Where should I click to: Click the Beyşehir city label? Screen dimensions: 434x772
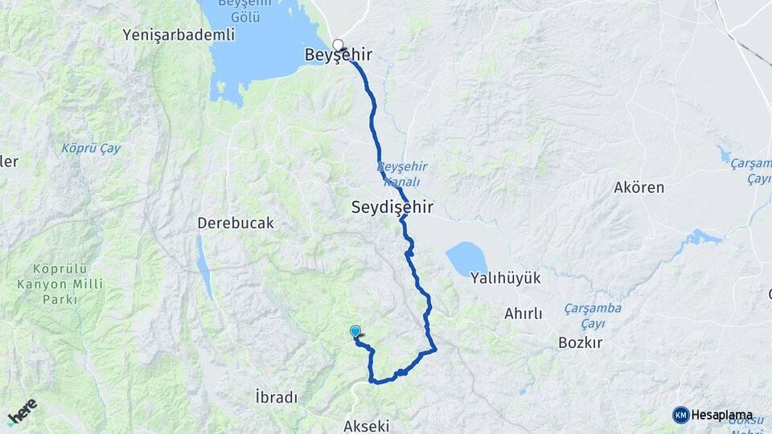pyautogui.click(x=339, y=55)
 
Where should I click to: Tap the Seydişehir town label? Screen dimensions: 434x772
pyautogui.click(x=392, y=207)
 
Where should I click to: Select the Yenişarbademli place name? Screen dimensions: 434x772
pyautogui.click(x=179, y=35)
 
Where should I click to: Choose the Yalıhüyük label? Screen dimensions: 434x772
pyautogui.click(x=505, y=277)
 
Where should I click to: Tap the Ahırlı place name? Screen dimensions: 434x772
pyautogui.click(x=524, y=313)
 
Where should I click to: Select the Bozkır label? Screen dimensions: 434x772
pyautogui.click(x=580, y=342)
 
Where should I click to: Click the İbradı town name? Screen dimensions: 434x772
pyautogui.click(x=276, y=397)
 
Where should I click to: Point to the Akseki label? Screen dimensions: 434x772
pyautogui.click(x=367, y=425)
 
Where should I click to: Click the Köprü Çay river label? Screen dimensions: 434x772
pyautogui.click(x=91, y=149)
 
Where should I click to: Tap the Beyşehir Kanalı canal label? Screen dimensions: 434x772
pyautogui.click(x=402, y=174)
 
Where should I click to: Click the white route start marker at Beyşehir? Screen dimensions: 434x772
pyautogui.click(x=338, y=45)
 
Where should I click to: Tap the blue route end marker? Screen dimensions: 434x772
pyautogui.click(x=355, y=330)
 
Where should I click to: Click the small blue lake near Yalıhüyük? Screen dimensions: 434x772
pyautogui.click(x=466, y=260)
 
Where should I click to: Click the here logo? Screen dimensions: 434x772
pyautogui.click(x=23, y=411)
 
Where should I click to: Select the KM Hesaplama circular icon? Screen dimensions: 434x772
pyautogui.click(x=681, y=415)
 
